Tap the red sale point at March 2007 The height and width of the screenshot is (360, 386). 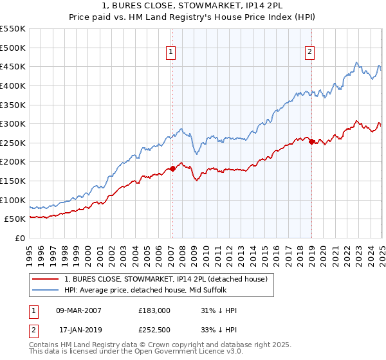[x=172, y=168]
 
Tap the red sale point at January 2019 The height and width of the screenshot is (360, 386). [x=311, y=142]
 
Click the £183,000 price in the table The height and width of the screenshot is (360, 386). [x=154, y=310]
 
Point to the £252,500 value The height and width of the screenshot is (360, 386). [x=154, y=330]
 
